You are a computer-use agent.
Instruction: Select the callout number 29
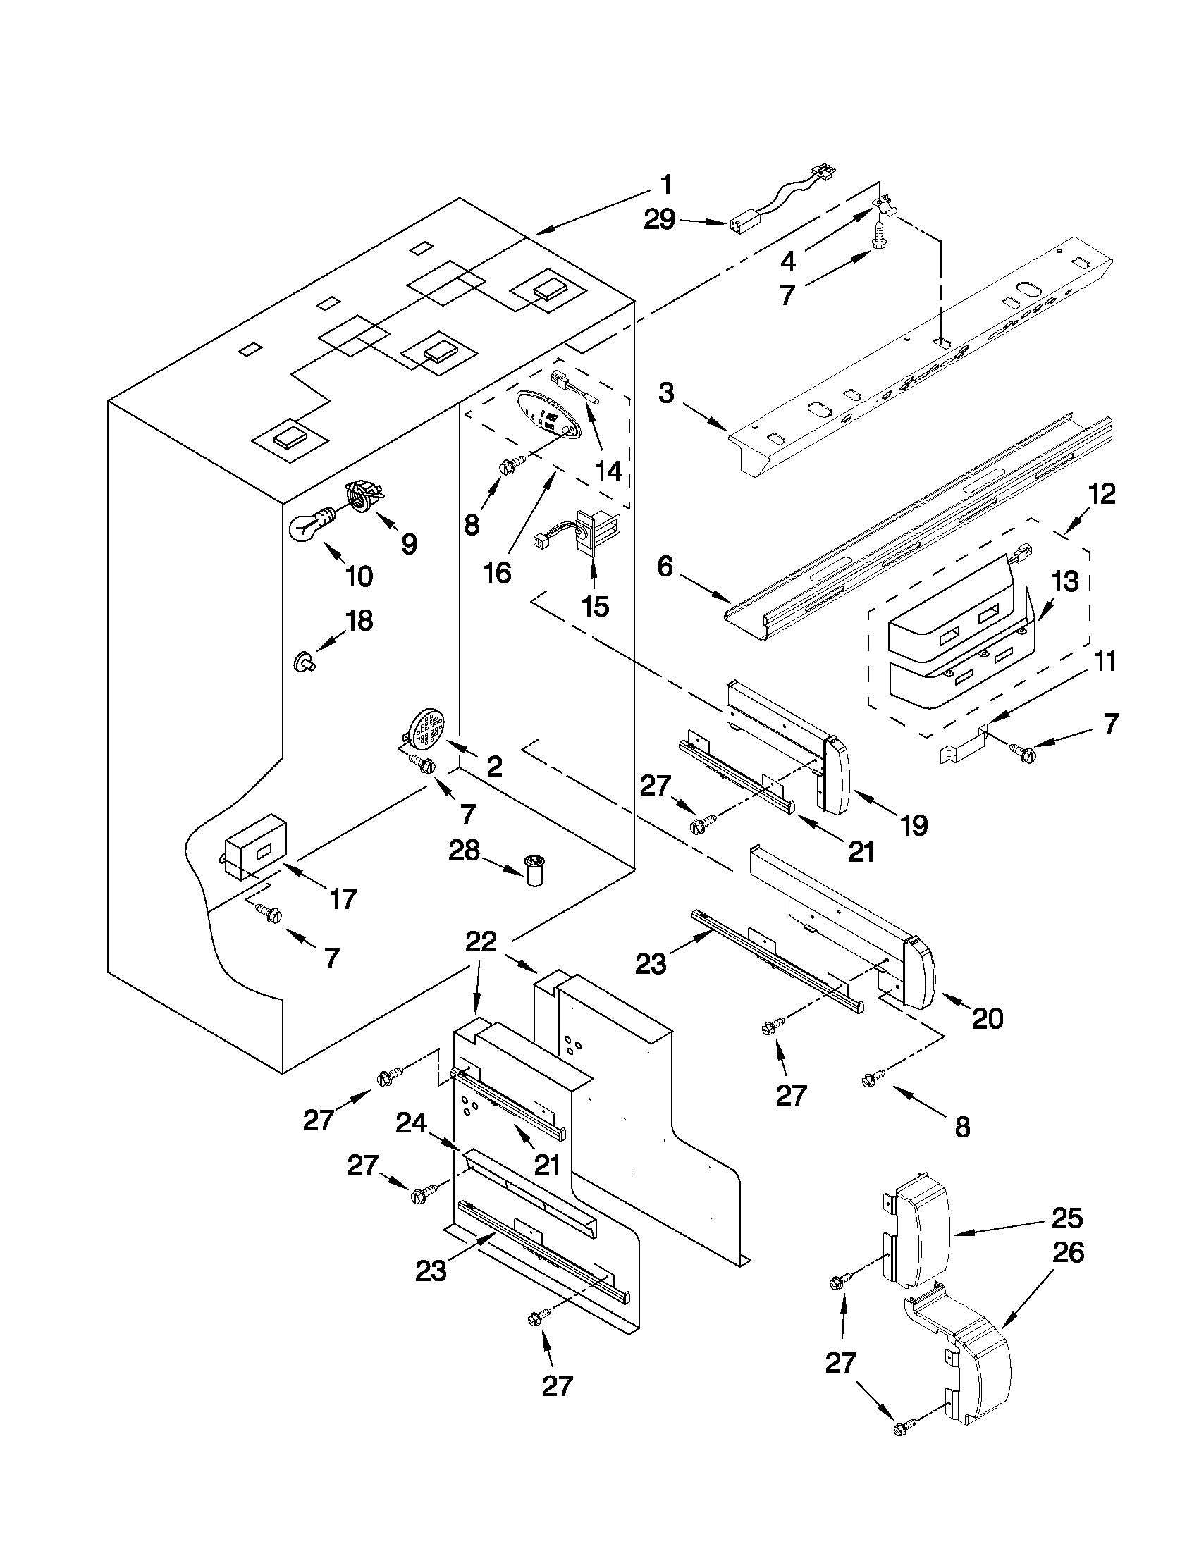click(658, 220)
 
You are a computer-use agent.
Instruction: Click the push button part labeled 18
click(305, 663)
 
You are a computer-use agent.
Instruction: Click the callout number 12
click(1100, 493)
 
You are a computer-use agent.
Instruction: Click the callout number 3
click(665, 392)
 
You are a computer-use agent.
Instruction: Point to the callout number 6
click(665, 567)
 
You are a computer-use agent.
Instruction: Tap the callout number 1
click(665, 186)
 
